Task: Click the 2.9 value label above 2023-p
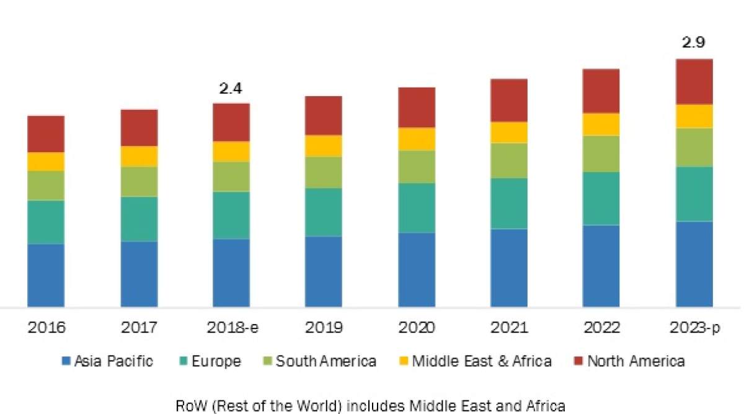[694, 43]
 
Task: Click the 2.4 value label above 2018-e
[231, 88]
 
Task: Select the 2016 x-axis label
[46, 327]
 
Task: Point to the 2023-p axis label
[694, 327]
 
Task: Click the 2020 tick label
[416, 327]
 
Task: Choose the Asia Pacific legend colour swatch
[65, 361]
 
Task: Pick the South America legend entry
[325, 361]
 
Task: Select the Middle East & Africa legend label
[482, 361]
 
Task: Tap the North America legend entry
[635, 361]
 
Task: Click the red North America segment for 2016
[46, 133]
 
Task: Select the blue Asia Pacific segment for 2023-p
[694, 264]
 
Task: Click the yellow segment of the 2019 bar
[323, 146]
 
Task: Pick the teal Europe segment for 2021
[508, 204]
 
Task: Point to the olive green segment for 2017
[139, 181]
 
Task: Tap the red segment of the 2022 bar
[601, 91]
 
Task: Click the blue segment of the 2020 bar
[416, 270]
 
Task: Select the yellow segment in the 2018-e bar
[231, 151]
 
